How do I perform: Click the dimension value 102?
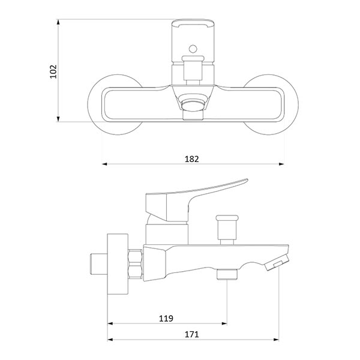click(x=53, y=71)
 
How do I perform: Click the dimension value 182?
click(x=192, y=159)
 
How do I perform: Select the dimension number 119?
click(x=166, y=319)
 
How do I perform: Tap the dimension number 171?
click(x=192, y=334)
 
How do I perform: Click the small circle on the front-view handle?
click(x=193, y=49)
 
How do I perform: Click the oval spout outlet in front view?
click(x=193, y=105)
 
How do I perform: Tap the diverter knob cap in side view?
click(x=227, y=218)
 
